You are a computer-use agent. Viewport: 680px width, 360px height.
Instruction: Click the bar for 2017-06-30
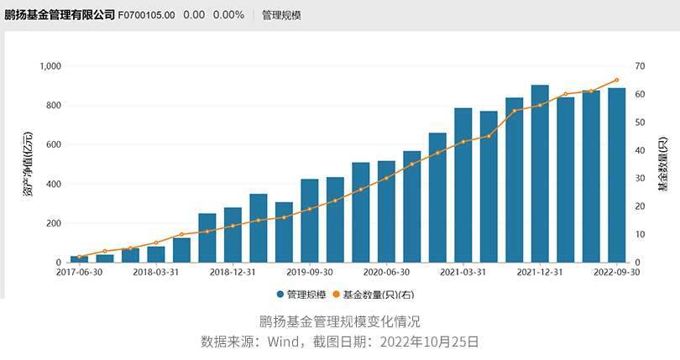coord(80,259)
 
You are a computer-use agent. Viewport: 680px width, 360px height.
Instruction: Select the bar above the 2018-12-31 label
coord(233,235)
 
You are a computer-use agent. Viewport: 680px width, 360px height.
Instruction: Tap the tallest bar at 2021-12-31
coord(540,174)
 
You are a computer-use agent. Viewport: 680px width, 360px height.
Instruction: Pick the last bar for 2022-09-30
coord(617,175)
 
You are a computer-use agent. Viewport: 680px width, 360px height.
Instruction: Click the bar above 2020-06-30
coord(386,211)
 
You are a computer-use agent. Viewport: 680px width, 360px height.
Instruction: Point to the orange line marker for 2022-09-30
coord(617,80)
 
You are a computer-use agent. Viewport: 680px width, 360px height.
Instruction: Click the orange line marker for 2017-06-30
coord(80,257)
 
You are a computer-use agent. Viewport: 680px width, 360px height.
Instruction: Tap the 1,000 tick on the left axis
coord(50,66)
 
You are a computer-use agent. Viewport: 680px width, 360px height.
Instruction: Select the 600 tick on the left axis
coord(54,144)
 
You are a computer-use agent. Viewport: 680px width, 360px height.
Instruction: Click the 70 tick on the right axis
coord(640,66)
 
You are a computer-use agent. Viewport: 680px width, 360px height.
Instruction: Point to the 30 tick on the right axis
coord(640,178)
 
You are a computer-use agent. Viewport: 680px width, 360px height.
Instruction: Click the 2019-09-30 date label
coord(310,272)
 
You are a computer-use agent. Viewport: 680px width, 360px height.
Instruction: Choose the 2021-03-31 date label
coord(463,272)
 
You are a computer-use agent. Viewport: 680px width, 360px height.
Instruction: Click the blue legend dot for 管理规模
coord(280,295)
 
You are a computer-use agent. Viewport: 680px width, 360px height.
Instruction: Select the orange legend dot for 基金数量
coord(336,295)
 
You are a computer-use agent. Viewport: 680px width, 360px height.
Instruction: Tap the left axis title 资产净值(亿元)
coord(28,164)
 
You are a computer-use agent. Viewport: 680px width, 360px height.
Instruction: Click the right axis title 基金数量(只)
coord(663,164)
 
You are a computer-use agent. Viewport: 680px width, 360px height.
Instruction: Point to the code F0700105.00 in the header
coord(146,15)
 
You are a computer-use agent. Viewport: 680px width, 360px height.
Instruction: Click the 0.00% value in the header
coord(228,15)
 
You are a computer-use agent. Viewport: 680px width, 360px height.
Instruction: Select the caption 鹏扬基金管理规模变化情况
coord(339,321)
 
